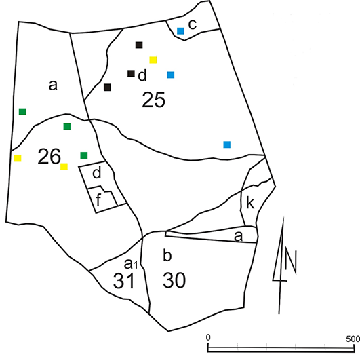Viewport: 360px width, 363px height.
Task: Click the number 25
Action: click(154, 100)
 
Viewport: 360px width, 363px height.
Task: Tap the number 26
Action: click(49, 157)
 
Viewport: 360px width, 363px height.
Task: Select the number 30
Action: click(174, 280)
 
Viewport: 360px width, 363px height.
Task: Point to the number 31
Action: click(124, 280)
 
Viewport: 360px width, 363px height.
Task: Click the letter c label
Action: click(193, 24)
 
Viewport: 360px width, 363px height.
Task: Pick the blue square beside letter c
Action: click(180, 31)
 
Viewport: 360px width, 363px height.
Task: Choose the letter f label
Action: click(98, 199)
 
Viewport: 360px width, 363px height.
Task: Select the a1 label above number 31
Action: click(131, 264)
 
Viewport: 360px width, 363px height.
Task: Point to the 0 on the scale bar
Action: click(208, 337)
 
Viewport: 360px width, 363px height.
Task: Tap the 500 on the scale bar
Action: click(353, 339)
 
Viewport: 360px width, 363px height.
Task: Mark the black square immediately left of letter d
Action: click(131, 73)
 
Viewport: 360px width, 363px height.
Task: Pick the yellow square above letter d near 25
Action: click(153, 60)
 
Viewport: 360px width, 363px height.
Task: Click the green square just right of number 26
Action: click(84, 155)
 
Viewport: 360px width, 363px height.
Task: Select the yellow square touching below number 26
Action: click(64, 167)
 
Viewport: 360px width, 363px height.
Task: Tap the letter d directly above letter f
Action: click(97, 173)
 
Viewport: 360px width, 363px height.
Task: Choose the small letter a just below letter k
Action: click(238, 237)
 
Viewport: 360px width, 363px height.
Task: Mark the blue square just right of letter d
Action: click(171, 75)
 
